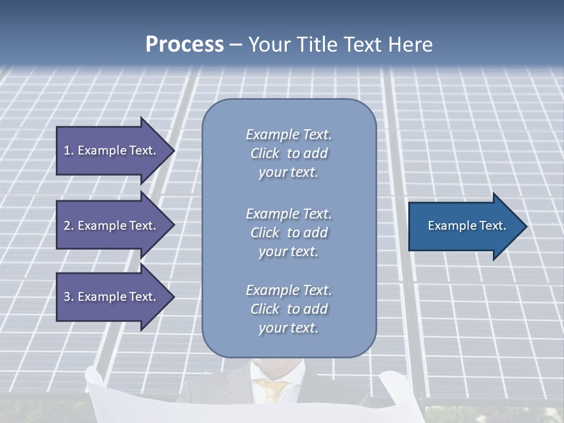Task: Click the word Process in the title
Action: click(x=184, y=45)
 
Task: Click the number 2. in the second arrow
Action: click(x=68, y=226)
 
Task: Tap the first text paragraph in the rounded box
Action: click(x=288, y=153)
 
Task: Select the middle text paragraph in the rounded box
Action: click(x=288, y=233)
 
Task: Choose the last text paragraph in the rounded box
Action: click(x=288, y=309)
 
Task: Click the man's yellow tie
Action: click(x=274, y=391)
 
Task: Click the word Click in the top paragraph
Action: click(x=264, y=153)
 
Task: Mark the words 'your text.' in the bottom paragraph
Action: click(x=288, y=328)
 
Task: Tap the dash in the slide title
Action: click(x=236, y=45)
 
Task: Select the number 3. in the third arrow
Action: click(x=68, y=297)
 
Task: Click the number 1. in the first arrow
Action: click(x=68, y=150)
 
